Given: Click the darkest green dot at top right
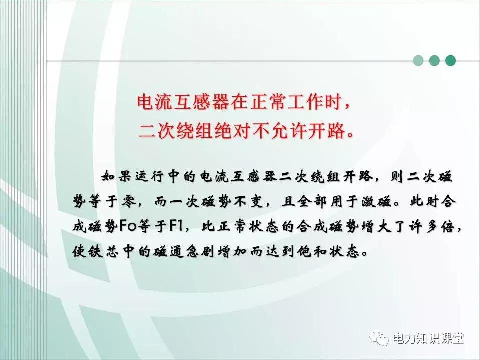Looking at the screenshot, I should coord(451,61).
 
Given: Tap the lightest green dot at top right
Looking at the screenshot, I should coord(418,61).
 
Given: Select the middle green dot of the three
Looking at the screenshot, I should coord(434,61).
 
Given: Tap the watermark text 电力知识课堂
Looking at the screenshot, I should coord(428,339).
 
